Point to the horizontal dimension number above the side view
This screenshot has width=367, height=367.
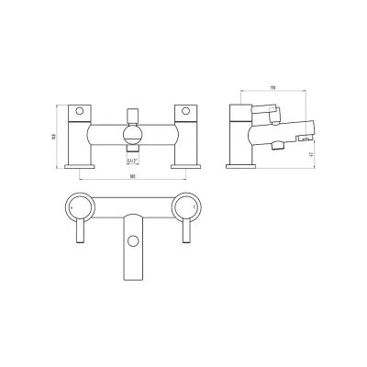click(x=272, y=90)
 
